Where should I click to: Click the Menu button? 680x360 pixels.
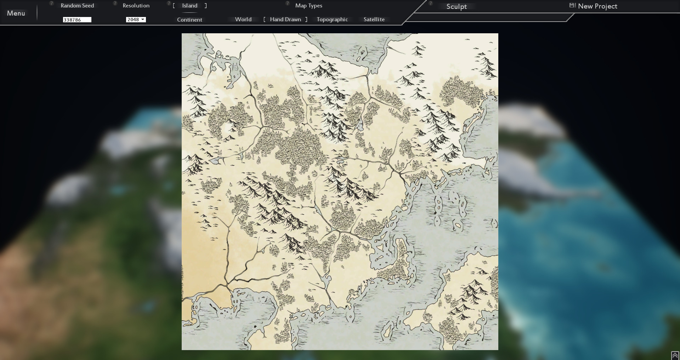pos(16,13)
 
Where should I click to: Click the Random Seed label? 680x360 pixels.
pos(77,6)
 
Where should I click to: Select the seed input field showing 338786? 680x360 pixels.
pos(77,20)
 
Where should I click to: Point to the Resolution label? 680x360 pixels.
pos(136,6)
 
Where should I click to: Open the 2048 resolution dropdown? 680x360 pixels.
pos(136,20)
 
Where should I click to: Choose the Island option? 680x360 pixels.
pos(190,6)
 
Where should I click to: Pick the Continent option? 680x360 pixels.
pos(189,20)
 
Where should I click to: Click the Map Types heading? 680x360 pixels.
pos(308,6)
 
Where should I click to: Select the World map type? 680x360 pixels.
pos(243,19)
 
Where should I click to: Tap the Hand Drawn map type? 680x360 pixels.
pos(285,19)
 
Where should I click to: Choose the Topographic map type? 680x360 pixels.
pos(332,19)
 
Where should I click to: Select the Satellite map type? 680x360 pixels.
pos(374,19)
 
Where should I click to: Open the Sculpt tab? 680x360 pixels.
pos(457,6)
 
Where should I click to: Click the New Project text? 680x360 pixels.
pos(597,6)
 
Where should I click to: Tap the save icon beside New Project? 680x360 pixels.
pos(572,5)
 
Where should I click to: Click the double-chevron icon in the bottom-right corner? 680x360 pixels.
pos(675,355)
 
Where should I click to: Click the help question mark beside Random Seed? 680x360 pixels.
pos(51,3)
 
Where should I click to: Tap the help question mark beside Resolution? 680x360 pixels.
pos(115,3)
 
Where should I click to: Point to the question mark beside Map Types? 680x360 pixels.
pos(288,3)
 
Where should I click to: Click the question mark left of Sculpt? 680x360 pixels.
pos(431,3)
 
